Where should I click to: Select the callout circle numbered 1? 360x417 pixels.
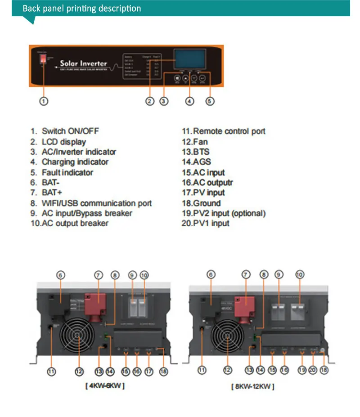coord(43,101)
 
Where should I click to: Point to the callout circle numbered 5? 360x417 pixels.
coord(210,101)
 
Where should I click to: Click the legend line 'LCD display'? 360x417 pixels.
coord(63,142)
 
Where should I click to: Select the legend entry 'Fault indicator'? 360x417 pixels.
coord(67,172)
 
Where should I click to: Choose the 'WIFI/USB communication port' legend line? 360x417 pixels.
coord(96,203)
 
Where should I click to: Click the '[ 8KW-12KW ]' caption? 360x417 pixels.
coord(252,386)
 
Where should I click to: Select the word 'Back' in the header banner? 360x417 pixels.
coord(31,9)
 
